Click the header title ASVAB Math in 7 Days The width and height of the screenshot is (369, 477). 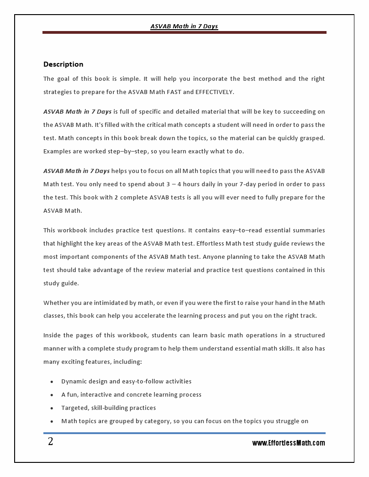184,26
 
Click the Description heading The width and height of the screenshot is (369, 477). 63,64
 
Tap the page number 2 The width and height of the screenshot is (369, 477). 50,442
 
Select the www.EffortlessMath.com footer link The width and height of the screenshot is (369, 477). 289,443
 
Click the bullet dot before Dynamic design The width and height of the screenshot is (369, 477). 52,382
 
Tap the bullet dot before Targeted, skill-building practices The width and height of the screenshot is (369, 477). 52,408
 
